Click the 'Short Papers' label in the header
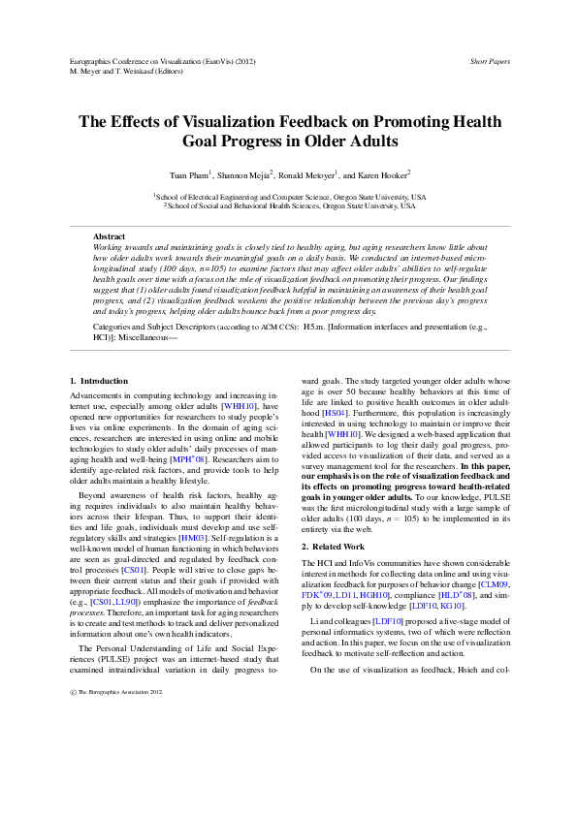[x=490, y=61]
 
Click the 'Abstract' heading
[x=109, y=236]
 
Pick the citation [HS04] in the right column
[x=336, y=440]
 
